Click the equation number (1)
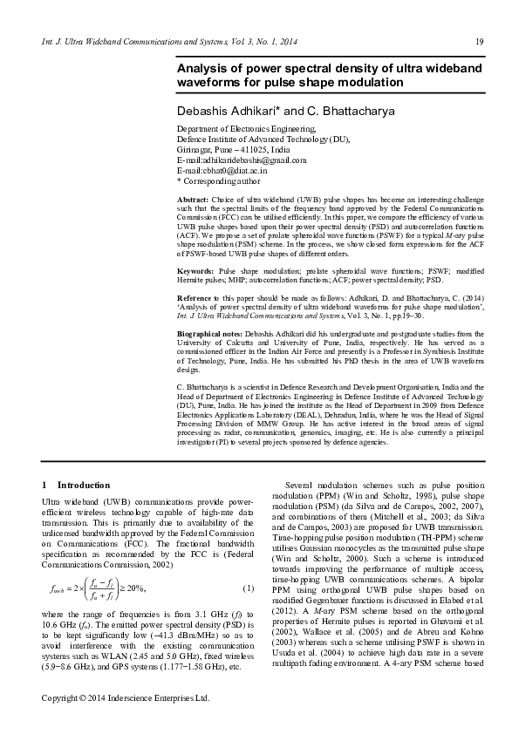248,588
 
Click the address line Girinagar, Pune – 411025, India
233,150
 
